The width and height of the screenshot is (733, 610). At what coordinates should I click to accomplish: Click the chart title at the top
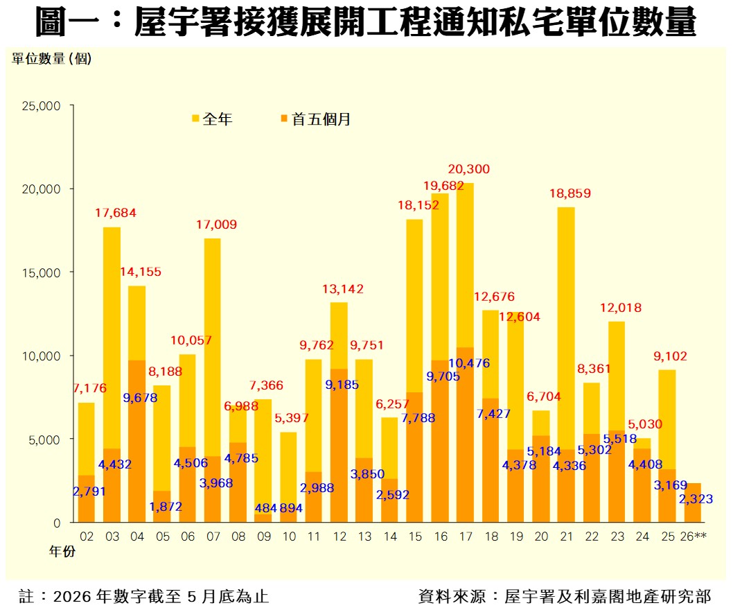[x=366, y=21]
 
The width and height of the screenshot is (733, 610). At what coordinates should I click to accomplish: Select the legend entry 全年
[x=212, y=119]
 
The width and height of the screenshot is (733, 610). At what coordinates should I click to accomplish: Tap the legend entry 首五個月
[x=315, y=119]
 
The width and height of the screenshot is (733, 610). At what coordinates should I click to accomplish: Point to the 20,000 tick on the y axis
[x=41, y=189]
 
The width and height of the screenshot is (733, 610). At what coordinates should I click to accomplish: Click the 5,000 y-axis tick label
[x=44, y=439]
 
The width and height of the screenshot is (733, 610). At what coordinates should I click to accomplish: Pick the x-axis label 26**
[x=694, y=537]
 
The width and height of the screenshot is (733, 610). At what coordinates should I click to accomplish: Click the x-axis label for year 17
[x=466, y=537]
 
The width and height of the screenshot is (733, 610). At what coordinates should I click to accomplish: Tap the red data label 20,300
[x=469, y=169]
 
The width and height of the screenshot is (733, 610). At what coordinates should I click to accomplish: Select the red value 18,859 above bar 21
[x=570, y=193]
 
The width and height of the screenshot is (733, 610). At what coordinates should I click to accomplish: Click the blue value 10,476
[x=469, y=363]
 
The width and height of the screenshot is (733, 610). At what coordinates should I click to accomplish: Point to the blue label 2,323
[x=696, y=498]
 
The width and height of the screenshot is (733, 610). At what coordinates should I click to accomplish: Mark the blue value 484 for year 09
[x=265, y=508]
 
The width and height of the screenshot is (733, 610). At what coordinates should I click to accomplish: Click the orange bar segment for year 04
[x=137, y=441]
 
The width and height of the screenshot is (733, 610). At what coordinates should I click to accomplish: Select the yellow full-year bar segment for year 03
[x=112, y=338]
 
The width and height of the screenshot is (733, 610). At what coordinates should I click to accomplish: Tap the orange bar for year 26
[x=692, y=503]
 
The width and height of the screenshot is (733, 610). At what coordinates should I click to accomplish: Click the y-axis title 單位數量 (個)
[x=51, y=58]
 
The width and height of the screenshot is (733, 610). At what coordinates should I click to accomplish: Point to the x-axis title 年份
[x=62, y=552]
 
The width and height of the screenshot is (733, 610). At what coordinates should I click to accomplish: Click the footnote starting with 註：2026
[x=143, y=596]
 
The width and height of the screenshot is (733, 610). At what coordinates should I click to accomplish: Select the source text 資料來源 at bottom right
[x=565, y=596]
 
